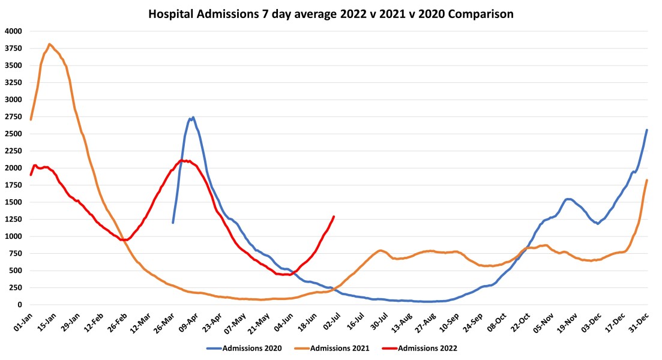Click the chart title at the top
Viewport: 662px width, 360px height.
[x=331, y=14]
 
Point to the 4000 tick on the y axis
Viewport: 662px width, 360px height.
[x=13, y=31]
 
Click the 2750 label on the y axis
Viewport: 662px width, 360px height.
[x=13, y=116]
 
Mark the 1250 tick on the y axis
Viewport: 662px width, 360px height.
[x=13, y=219]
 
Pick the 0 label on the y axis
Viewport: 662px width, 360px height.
[x=19, y=305]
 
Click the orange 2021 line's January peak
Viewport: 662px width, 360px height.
[x=49, y=44]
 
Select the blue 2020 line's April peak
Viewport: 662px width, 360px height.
[x=193, y=118]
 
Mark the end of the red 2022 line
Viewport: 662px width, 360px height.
[x=334, y=217]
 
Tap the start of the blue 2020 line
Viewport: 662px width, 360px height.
[x=173, y=223]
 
